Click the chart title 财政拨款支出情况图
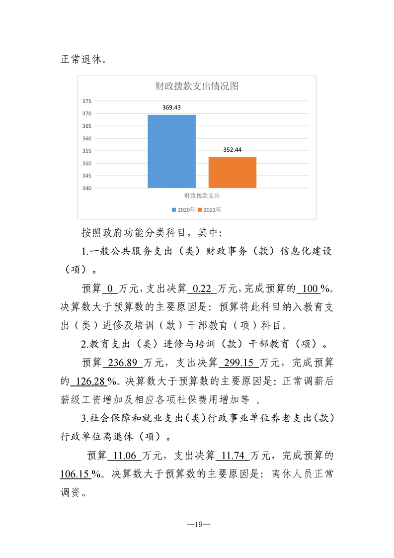[x=197, y=86]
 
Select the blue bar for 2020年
[x=171, y=151]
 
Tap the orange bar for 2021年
[x=232, y=173]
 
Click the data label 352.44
[x=232, y=149]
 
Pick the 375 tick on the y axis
[x=86, y=101]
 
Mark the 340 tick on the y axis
[x=86, y=188]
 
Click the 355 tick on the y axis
[x=86, y=151]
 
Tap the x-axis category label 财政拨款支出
[x=202, y=196]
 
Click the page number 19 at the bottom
[x=197, y=524]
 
